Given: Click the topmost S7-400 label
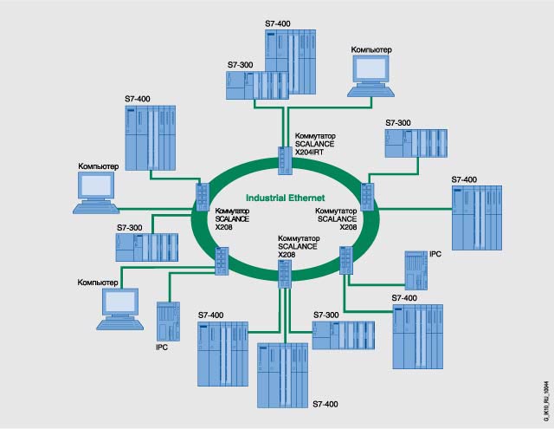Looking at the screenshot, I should [x=279, y=23].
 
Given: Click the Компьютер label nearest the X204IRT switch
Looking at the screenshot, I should [x=370, y=51].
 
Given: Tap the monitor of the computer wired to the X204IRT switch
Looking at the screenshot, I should [x=370, y=74].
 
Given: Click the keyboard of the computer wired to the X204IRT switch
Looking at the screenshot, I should [x=372, y=94].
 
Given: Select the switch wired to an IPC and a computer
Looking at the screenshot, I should [x=222, y=259].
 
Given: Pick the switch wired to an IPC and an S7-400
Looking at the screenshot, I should [x=347, y=258].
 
